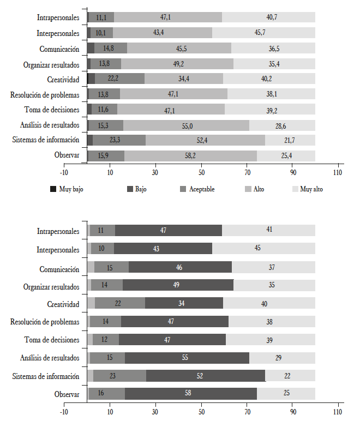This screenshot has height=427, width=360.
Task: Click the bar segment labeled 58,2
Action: click(x=190, y=155)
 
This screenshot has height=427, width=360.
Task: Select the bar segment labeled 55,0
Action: click(x=186, y=125)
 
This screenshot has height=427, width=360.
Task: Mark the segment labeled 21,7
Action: click(x=290, y=140)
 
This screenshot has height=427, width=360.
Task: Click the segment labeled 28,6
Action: click(x=282, y=125)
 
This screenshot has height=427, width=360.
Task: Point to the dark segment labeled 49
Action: click(x=178, y=286)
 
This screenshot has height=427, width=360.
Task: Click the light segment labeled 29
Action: click(x=282, y=358)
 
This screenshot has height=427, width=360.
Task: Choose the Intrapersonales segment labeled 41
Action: click(x=268, y=231)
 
